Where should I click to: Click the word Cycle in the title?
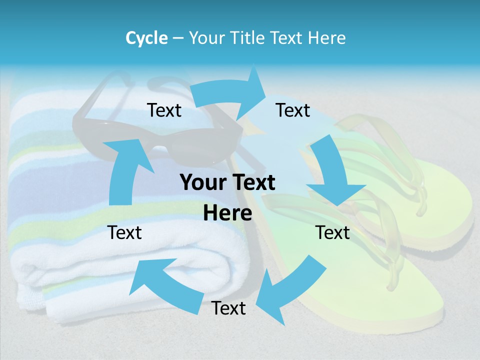[146, 38]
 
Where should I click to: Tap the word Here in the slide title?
[327, 38]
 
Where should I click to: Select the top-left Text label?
[164, 110]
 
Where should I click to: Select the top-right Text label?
[293, 110]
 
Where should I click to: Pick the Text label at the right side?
[332, 232]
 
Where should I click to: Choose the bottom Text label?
[228, 308]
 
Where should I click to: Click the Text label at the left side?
[124, 232]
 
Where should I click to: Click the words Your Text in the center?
[227, 182]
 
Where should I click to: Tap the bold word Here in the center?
[227, 213]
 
